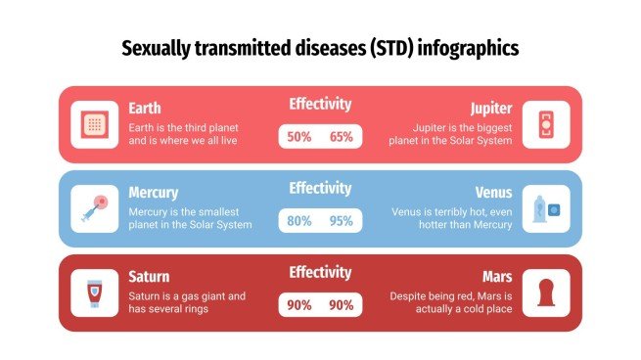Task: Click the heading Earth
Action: coord(145,108)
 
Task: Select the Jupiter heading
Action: coord(489,108)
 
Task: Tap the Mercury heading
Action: coord(154,193)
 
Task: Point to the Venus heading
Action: coord(492,193)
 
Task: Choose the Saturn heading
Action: coord(149,277)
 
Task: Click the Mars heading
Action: coord(496,277)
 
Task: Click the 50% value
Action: coord(299,137)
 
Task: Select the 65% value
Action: coord(342,137)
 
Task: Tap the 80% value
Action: coord(299,221)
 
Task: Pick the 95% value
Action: coord(342,221)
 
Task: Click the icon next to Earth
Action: coord(95,124)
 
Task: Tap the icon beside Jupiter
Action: coord(545,124)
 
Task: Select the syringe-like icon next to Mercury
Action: coord(95,208)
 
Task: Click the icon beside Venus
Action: coord(545,208)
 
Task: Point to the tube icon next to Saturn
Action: coord(95,292)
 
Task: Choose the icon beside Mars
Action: coord(545,292)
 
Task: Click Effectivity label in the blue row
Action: coord(320,188)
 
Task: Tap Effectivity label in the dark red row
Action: coord(320,273)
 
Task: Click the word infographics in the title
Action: coord(468,47)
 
